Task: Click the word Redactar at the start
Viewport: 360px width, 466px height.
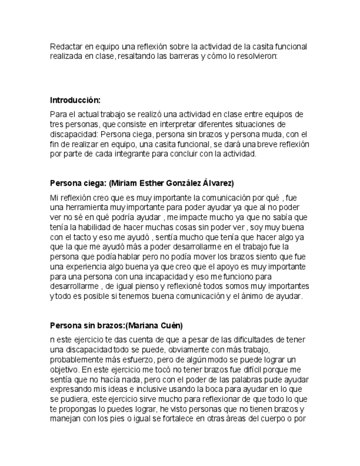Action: tap(64, 46)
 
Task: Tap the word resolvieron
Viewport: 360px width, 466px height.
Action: tap(258, 56)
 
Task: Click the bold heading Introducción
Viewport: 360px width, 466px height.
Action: tap(75, 100)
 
